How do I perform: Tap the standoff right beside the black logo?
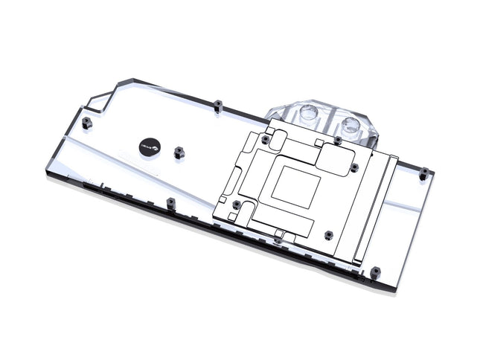[179, 152]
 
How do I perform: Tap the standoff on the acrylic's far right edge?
[423, 173]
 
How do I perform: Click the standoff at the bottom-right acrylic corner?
[376, 271]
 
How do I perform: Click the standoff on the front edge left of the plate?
[170, 202]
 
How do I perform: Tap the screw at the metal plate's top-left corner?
[266, 139]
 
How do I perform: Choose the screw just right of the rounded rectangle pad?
[353, 168]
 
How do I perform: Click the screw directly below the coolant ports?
[337, 139]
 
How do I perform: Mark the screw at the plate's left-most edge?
[236, 203]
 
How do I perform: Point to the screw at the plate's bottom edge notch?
[278, 240]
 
